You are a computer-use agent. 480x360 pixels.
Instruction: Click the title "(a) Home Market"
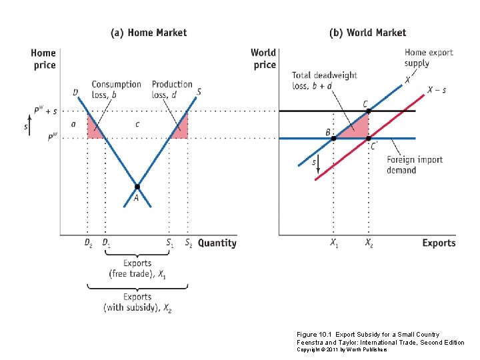(148, 32)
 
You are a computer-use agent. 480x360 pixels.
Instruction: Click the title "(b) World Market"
(367, 32)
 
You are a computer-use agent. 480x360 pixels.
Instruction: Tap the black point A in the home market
(137, 187)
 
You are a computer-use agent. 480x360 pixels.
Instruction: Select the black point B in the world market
(333, 138)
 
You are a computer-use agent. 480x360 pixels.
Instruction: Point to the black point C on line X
(368, 111)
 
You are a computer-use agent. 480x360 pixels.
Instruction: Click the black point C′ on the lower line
(368, 138)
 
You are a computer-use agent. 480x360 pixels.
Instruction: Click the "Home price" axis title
(43, 59)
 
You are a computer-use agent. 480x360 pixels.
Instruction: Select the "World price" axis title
(263, 59)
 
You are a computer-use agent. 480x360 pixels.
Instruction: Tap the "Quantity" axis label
(217, 243)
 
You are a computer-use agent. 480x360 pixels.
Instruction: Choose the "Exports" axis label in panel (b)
(439, 243)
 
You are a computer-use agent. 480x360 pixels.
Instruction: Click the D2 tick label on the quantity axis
(88, 243)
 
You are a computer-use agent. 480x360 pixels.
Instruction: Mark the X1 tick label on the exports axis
(334, 243)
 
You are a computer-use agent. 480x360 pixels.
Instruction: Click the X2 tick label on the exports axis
(369, 243)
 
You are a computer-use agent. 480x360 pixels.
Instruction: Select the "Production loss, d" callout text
(172, 89)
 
